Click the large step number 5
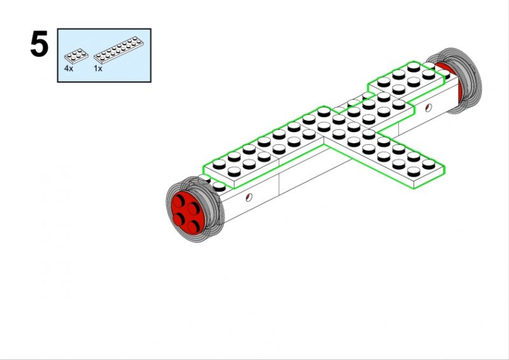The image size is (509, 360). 39,45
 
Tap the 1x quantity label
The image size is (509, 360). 98,67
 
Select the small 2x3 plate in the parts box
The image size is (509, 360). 75,55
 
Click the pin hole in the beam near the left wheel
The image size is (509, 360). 249,197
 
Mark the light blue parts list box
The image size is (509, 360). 104,55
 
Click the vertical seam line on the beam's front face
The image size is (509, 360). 280,184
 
